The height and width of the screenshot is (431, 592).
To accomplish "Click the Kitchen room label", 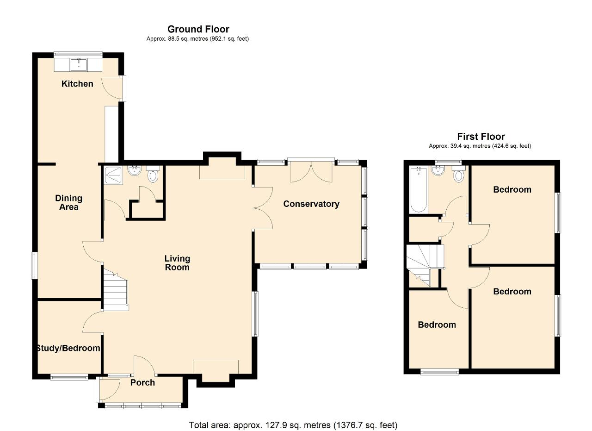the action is [77, 84].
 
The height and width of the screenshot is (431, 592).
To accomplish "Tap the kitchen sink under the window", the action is [79, 65].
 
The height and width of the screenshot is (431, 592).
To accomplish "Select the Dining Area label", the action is [69, 202].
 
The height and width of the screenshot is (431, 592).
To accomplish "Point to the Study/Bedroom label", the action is [68, 348].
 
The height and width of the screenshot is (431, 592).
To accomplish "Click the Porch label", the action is [142, 382].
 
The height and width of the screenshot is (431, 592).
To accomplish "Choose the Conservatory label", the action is [311, 204].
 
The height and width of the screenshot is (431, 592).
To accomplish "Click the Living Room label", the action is [177, 263].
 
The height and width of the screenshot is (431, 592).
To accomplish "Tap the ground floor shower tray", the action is [113, 175].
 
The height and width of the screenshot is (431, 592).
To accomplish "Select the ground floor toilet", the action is [153, 174].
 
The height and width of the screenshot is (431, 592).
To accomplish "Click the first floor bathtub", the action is [419, 190].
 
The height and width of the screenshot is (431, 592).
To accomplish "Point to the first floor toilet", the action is [458, 174].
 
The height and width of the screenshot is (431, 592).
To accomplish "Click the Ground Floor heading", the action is [198, 29].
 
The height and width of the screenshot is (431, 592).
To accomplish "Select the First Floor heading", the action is [481, 137].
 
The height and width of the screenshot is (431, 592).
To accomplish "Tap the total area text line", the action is [293, 418].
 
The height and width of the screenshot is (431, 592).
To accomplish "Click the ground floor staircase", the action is [116, 289].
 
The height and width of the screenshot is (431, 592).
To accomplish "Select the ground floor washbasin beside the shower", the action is [135, 171].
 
